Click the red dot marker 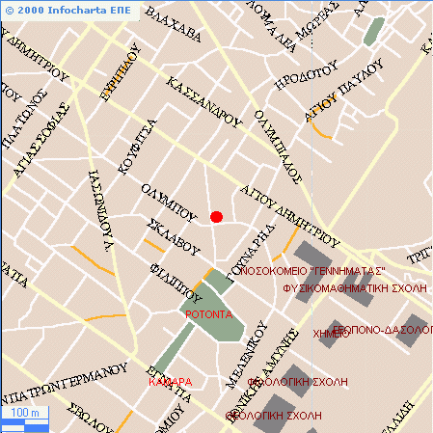point(217,217)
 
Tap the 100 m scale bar point(22,415)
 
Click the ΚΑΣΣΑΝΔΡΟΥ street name point(203,101)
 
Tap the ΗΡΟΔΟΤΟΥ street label point(306,74)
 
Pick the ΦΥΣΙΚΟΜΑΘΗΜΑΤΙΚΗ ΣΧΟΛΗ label point(355,287)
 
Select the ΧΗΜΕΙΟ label point(331,334)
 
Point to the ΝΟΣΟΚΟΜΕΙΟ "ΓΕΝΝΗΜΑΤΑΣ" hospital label point(312,271)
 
